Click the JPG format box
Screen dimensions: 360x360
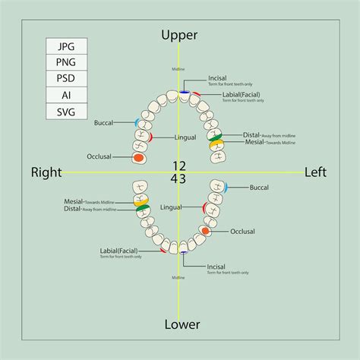tap(66, 46)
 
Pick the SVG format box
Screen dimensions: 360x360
tap(66, 112)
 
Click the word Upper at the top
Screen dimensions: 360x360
tap(180, 35)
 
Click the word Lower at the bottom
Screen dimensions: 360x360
tap(182, 324)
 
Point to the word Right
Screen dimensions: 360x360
tap(46, 172)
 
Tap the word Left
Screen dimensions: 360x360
tap(315, 172)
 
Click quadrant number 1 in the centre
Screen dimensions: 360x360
tap(175, 166)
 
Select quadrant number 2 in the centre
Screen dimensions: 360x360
tap(183, 166)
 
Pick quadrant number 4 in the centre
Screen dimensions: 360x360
tap(175, 178)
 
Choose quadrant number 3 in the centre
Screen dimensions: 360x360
tap(183, 178)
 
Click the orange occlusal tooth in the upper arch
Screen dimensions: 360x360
tap(138, 158)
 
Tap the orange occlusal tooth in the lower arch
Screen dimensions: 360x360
tap(206, 230)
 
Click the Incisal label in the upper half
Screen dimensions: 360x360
tap(218, 77)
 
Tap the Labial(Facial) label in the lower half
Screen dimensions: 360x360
tap(118, 250)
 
